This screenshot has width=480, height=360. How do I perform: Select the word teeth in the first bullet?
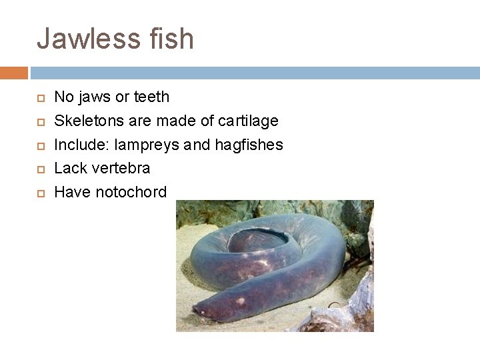click(152, 97)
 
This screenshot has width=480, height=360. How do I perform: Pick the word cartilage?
click(249, 121)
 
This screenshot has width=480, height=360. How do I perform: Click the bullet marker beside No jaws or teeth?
click(40, 97)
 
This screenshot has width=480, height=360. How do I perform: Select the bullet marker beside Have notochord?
click(40, 193)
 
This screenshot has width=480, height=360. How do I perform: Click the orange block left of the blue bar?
click(14, 73)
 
